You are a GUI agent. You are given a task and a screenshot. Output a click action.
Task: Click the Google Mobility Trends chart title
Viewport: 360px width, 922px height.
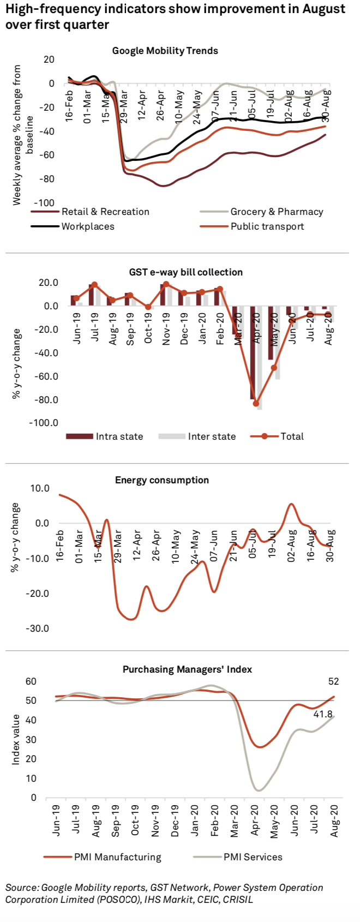(x=165, y=51)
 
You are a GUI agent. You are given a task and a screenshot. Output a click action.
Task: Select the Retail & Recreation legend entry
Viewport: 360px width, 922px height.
(x=105, y=212)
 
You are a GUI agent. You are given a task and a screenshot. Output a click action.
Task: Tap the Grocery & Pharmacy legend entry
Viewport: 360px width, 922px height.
(x=277, y=212)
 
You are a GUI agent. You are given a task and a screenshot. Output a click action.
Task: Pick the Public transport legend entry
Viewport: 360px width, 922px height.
(x=267, y=226)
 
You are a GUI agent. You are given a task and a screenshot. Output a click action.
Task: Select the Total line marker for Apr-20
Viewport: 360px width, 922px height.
(x=255, y=404)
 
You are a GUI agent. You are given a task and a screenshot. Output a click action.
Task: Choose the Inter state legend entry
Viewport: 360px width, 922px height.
(x=212, y=436)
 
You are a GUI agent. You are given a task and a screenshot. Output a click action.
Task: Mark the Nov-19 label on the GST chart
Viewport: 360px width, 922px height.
(x=166, y=330)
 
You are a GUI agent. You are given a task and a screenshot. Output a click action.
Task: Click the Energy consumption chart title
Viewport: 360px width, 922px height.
(x=161, y=480)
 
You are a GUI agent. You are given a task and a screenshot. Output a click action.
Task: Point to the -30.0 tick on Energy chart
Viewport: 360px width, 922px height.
(x=38, y=628)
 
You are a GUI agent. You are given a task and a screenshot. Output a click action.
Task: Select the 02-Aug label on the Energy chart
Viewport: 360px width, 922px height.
(x=292, y=545)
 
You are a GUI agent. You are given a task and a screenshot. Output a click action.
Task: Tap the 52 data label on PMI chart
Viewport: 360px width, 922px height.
(x=333, y=681)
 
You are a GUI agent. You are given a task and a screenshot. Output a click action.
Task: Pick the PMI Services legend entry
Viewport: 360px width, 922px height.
(x=253, y=857)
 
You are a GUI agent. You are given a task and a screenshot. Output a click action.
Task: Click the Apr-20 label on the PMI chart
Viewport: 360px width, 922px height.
(x=255, y=821)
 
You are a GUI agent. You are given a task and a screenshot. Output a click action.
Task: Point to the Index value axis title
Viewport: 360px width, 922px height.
(x=16, y=739)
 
